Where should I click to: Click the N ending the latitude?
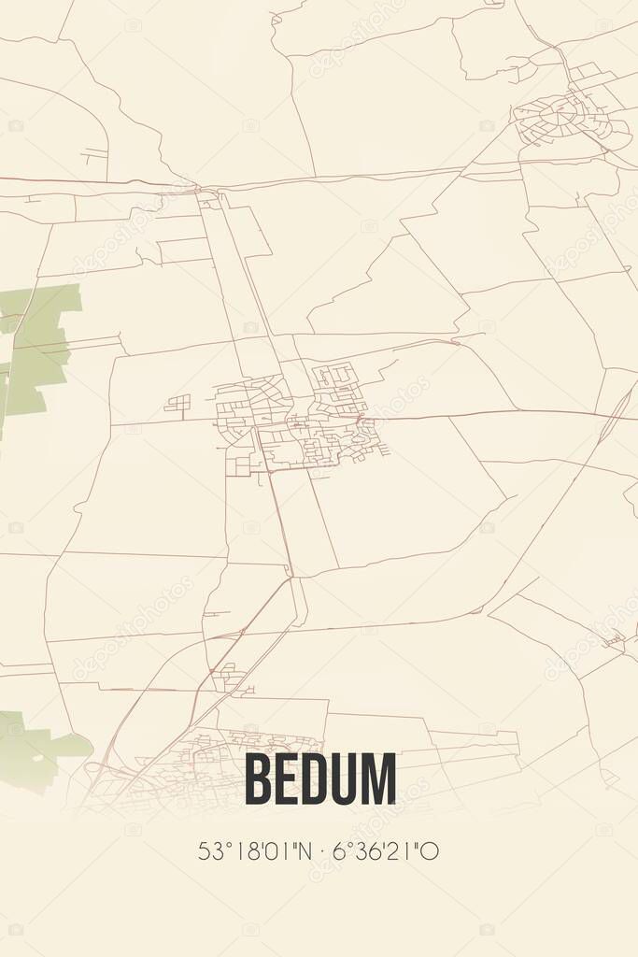pos(296,851)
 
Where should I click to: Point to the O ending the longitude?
pos(432,851)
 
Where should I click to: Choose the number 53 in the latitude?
pos(208,851)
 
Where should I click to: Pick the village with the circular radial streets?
pos(559,118)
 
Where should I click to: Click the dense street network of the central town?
pos(299,416)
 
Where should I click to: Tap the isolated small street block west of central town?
pos(177,404)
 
